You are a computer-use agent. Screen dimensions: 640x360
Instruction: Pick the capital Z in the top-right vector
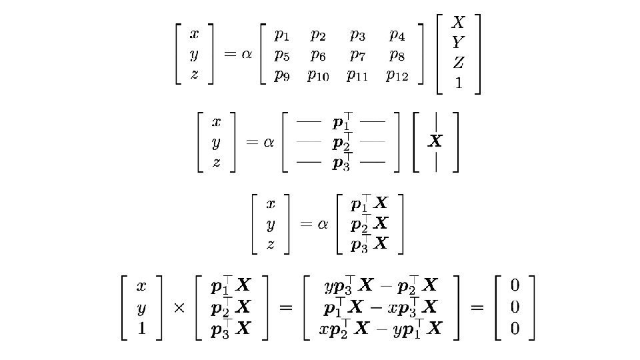pyautogui.click(x=459, y=63)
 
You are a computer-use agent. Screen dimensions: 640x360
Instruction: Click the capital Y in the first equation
pyautogui.click(x=458, y=43)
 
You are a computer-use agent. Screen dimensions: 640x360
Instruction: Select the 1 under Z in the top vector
pyautogui.click(x=458, y=83)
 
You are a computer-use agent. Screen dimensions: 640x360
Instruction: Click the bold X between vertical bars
pyautogui.click(x=435, y=141)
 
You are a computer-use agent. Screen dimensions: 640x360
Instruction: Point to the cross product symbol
pyautogui.click(x=179, y=309)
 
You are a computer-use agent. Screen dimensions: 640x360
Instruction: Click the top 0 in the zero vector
pyautogui.click(x=514, y=287)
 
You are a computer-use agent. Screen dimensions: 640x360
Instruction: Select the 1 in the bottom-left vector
pyautogui.click(x=141, y=329)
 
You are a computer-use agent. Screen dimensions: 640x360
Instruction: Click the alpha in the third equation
pyautogui.click(x=323, y=224)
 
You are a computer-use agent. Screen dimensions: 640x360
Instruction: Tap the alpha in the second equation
pyautogui.click(x=269, y=142)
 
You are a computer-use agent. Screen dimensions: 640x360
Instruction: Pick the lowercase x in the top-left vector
pyautogui.click(x=194, y=33)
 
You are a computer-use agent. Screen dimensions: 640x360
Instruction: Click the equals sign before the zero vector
pyautogui.click(x=478, y=308)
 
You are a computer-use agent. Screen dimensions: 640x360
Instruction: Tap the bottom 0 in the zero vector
pyautogui.click(x=514, y=329)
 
